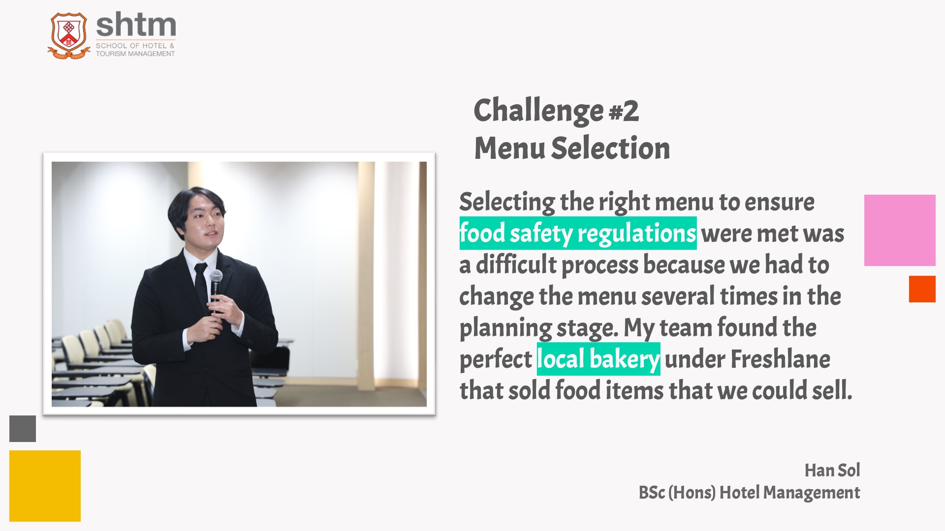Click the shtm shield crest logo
(x=69, y=36)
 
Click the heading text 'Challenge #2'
(x=556, y=111)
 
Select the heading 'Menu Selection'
(x=572, y=148)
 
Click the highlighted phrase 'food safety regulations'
(x=578, y=233)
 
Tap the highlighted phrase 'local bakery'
(x=598, y=359)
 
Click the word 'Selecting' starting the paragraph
(x=507, y=203)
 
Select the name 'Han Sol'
(x=832, y=471)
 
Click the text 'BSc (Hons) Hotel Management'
(x=749, y=493)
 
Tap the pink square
(x=900, y=230)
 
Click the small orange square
(x=922, y=289)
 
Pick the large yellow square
(x=45, y=486)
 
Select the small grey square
(x=23, y=429)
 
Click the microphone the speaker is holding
(x=216, y=290)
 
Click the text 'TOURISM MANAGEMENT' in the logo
(x=135, y=54)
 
